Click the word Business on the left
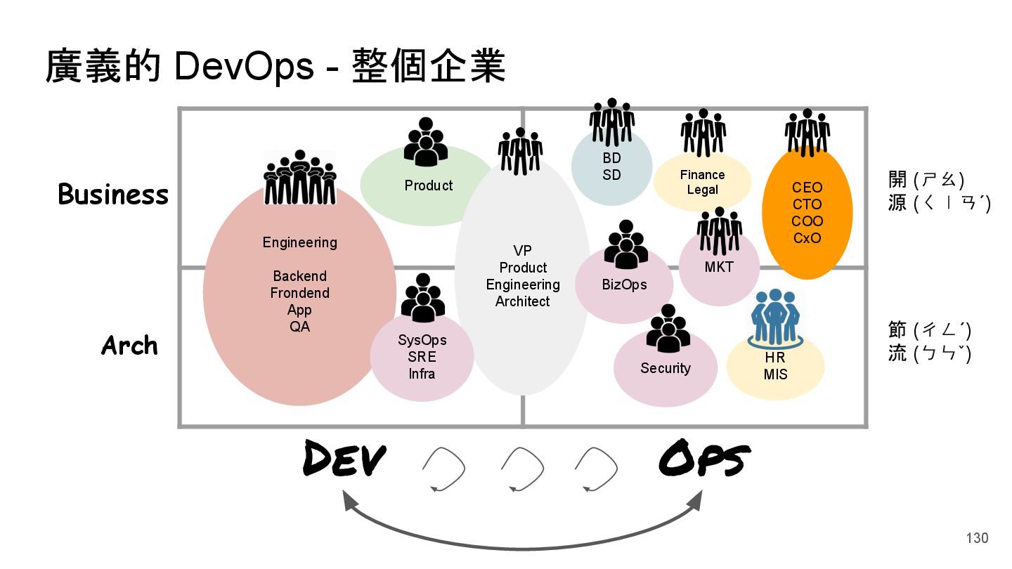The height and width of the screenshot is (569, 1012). click(x=113, y=195)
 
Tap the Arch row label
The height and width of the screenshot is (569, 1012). click(x=129, y=346)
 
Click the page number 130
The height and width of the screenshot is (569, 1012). click(x=977, y=538)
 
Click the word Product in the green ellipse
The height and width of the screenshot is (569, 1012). click(x=429, y=185)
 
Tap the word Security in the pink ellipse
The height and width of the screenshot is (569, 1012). click(x=666, y=368)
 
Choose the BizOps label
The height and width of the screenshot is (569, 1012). click(x=624, y=284)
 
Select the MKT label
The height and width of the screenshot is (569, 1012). click(x=719, y=267)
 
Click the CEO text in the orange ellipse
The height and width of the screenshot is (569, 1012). click(x=807, y=188)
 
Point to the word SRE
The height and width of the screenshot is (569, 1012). click(x=422, y=357)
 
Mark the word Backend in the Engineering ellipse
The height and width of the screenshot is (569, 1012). click(x=300, y=276)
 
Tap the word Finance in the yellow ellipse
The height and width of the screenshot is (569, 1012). click(x=702, y=175)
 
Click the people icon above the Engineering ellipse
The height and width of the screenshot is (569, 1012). click(x=300, y=177)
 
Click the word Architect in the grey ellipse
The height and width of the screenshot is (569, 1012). click(x=522, y=301)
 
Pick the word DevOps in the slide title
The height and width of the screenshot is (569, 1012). click(x=244, y=67)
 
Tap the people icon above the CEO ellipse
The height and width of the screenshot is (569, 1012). click(x=807, y=131)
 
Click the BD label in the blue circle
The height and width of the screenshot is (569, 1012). click(x=611, y=159)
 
